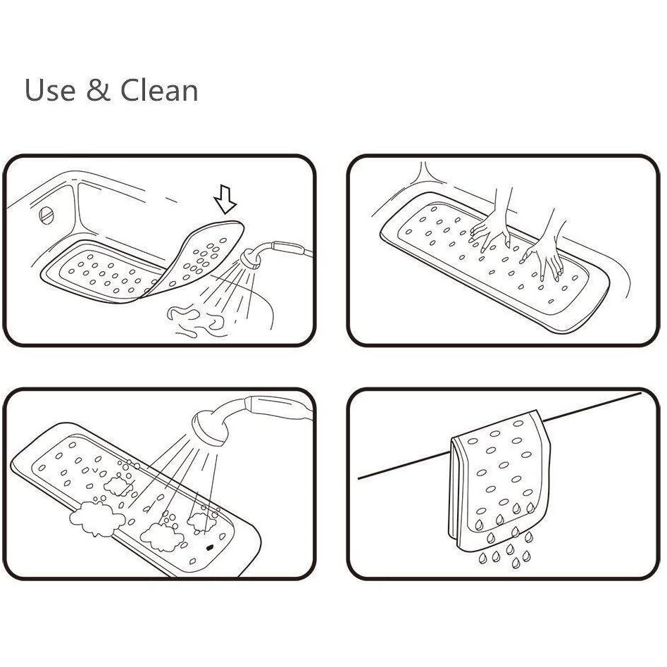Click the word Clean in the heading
tap(160, 91)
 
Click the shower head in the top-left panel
tap(250, 258)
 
